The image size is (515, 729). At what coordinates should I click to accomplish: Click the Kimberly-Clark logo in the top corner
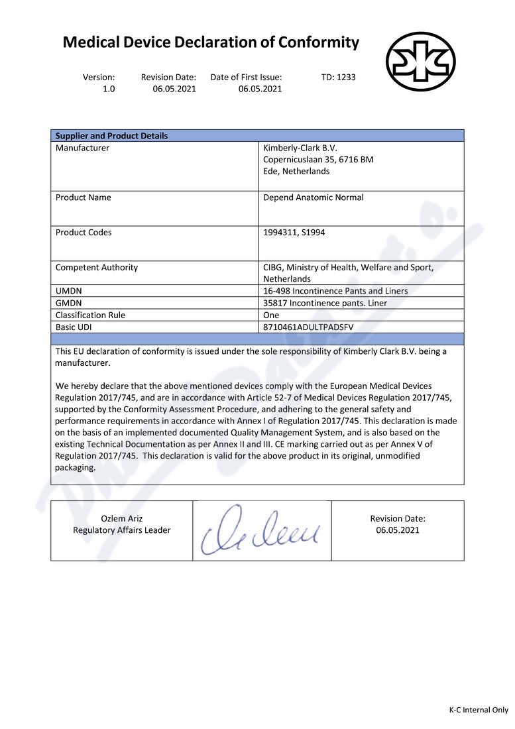click(421, 62)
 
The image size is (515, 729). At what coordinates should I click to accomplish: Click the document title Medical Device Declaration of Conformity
click(211, 43)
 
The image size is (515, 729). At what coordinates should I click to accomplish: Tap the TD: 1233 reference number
click(338, 77)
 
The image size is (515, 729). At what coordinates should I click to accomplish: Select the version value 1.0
click(109, 89)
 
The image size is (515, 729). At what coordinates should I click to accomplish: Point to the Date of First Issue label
click(246, 77)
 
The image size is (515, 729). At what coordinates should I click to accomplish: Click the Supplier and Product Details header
click(111, 136)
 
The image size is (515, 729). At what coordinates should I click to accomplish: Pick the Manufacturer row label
click(82, 148)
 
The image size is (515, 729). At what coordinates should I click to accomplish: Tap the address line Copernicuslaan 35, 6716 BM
click(318, 160)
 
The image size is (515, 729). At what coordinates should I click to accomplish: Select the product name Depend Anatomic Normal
click(313, 197)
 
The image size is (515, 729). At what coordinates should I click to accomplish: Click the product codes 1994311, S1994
click(294, 233)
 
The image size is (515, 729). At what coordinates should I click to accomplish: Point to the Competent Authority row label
click(97, 268)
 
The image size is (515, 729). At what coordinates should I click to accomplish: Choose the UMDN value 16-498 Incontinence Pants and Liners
click(335, 291)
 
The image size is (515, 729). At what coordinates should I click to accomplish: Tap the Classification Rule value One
click(271, 315)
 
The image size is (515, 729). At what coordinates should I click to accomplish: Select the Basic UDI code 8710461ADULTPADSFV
click(308, 327)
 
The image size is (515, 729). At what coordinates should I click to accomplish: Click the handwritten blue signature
click(262, 531)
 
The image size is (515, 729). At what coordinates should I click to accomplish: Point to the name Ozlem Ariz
click(121, 518)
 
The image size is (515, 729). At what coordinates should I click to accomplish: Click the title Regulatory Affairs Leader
click(121, 530)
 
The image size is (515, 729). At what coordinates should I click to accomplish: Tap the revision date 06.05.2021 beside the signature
click(398, 530)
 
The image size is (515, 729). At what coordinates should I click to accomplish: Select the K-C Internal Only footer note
click(479, 710)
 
